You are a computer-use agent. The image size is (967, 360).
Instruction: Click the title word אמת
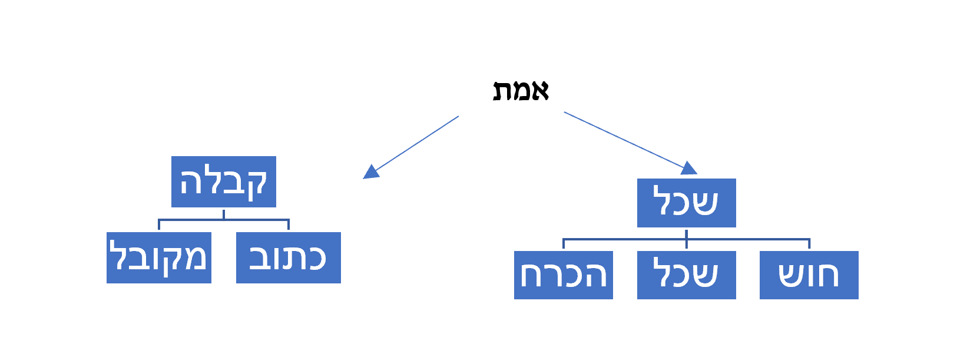pyautogui.click(x=521, y=91)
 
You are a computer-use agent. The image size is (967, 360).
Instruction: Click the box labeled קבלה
pyautogui.click(x=224, y=181)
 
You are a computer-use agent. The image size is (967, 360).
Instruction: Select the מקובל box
pyautogui.click(x=159, y=257)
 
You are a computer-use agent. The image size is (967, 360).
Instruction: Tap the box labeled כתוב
pyautogui.click(x=289, y=257)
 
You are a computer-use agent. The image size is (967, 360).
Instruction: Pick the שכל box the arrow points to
pyautogui.click(x=687, y=203)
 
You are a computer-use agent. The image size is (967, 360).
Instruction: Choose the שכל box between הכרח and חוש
pyautogui.click(x=687, y=275)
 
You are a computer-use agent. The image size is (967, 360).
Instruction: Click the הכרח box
pyautogui.click(x=564, y=275)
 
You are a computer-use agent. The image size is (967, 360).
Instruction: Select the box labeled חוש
pyautogui.click(x=809, y=275)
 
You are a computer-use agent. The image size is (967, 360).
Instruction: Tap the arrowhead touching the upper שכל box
pyautogui.click(x=689, y=169)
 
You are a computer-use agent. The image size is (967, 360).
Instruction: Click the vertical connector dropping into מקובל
pyautogui.click(x=159, y=225)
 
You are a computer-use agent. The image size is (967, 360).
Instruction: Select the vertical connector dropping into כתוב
pyautogui.click(x=289, y=225)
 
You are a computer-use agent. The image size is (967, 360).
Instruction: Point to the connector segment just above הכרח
pyautogui.click(x=564, y=244)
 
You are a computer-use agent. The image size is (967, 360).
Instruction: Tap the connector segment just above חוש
pyautogui.click(x=809, y=244)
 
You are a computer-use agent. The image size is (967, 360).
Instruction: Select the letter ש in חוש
pyautogui.click(x=792, y=275)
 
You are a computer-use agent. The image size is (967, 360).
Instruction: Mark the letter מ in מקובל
pyautogui.click(x=195, y=257)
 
